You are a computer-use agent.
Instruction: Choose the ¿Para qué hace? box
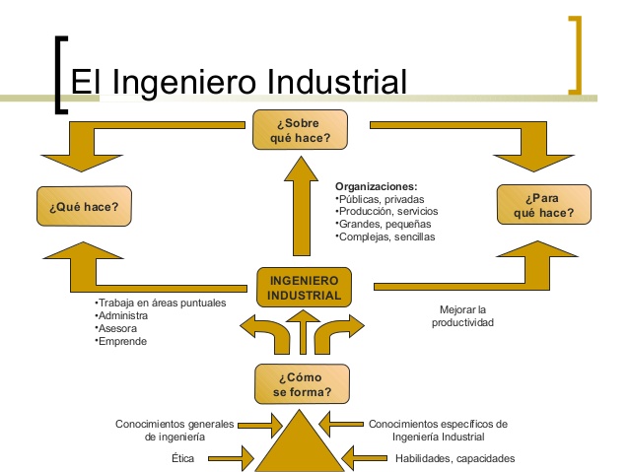544,205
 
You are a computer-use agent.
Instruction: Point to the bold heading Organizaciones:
376,186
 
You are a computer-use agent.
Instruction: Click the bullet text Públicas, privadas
380,199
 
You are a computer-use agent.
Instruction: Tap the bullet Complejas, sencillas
385,237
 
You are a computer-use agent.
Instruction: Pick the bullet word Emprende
121,341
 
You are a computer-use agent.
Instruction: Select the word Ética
182,458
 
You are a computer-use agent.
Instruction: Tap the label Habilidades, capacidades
454,458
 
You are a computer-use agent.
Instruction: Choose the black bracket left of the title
61,75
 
